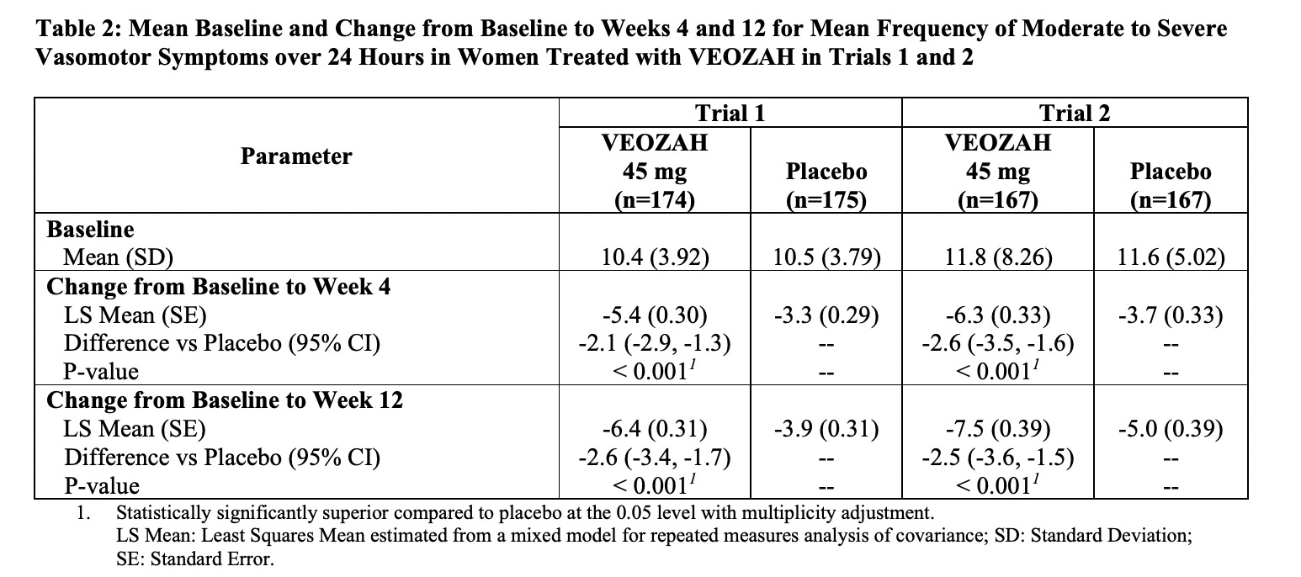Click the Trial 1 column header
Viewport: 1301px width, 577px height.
(730, 114)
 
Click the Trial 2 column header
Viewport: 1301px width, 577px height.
(1075, 114)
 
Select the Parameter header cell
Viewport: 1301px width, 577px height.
(296, 156)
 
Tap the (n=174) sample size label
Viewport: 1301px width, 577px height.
(655, 200)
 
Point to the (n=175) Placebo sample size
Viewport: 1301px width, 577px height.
(826, 200)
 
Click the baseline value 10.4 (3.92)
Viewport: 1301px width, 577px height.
(655, 257)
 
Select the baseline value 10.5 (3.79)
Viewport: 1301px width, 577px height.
(826, 257)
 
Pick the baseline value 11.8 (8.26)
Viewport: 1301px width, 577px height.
(998, 257)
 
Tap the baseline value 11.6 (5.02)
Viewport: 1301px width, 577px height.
(1170, 257)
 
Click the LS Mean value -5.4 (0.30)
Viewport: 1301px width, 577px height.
(655, 315)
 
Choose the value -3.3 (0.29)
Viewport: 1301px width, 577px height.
(826, 315)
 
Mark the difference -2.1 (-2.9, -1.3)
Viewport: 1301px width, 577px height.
(655, 343)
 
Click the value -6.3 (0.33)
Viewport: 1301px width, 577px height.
(998, 315)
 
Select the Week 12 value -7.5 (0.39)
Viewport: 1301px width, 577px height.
(998, 430)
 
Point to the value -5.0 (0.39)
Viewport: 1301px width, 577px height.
(1170, 430)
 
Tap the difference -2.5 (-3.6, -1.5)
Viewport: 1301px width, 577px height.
(998, 458)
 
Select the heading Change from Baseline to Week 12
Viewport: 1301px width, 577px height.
(225, 400)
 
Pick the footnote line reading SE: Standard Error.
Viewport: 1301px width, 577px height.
(195, 558)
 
